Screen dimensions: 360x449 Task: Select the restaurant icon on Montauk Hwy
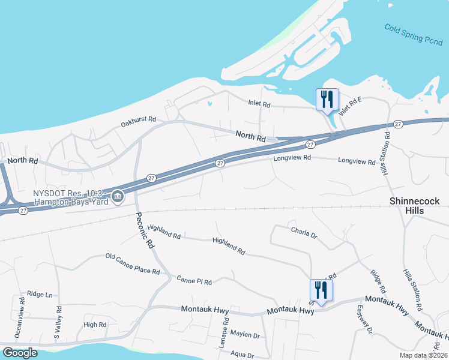(x=321, y=290)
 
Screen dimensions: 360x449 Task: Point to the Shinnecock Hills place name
(x=414, y=205)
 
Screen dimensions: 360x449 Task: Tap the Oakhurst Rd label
(x=138, y=122)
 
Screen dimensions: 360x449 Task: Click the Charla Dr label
(x=303, y=231)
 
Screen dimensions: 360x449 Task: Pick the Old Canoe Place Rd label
(x=132, y=264)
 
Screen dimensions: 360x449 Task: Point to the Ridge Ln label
(x=40, y=295)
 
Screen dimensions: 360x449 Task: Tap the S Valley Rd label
(x=58, y=324)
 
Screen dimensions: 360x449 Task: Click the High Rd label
(x=95, y=325)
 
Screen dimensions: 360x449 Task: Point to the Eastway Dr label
(x=365, y=320)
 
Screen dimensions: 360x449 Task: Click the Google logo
(x=20, y=352)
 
